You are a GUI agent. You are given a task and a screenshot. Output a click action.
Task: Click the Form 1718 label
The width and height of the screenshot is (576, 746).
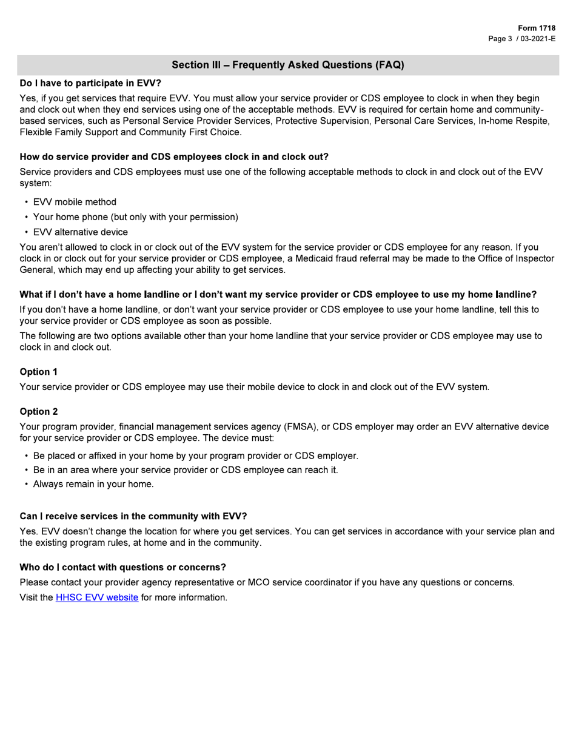537,29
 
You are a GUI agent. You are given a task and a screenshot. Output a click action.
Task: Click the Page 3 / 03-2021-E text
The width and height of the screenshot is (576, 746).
522,39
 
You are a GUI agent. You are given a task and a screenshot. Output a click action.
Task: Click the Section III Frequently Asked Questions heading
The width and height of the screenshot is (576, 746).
287,65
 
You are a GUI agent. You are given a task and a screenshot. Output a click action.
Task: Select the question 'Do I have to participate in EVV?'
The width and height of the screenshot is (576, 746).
90,82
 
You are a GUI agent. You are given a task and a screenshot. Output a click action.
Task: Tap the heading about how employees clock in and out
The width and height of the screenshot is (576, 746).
174,156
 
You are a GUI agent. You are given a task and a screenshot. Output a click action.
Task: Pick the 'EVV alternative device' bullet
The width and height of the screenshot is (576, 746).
80,232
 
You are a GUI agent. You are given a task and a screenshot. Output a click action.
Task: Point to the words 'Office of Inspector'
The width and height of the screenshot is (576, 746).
512,258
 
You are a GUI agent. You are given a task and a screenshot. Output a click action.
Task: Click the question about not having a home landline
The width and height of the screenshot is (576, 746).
278,295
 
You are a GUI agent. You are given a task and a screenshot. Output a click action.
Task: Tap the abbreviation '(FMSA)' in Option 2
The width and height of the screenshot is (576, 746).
295,427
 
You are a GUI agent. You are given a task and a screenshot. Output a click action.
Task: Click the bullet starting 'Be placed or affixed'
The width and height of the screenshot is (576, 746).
195,455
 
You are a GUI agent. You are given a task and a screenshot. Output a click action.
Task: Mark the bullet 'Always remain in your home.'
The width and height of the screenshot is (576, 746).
93,484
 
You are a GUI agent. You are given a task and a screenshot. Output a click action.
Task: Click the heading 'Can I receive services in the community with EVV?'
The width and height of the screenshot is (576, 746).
133,517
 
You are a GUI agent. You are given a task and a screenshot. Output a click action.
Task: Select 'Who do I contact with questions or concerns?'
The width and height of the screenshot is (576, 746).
122,568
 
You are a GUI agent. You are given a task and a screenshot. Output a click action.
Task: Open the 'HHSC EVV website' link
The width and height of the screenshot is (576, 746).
97,598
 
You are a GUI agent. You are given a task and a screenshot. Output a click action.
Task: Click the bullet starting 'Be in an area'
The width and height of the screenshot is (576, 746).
185,470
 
